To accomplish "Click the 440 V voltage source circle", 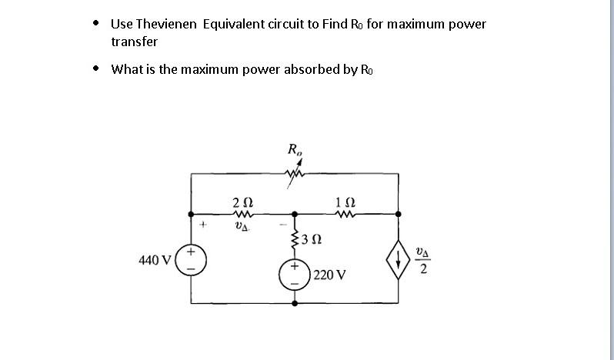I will pyautogui.click(x=191, y=259).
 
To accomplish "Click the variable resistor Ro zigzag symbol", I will pyautogui.click(x=295, y=177).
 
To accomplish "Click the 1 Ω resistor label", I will pyautogui.click(x=345, y=202).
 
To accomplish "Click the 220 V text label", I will pyautogui.click(x=330, y=274).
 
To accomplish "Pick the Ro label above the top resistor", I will pyautogui.click(x=295, y=149).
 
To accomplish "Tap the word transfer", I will pyautogui.click(x=135, y=42).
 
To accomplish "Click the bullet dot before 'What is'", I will pyautogui.click(x=95, y=68).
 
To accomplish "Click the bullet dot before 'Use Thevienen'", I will pyautogui.click(x=95, y=22).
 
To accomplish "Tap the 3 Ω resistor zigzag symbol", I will pyautogui.click(x=294, y=242).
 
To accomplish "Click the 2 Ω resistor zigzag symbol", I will pyautogui.click(x=242, y=215).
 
